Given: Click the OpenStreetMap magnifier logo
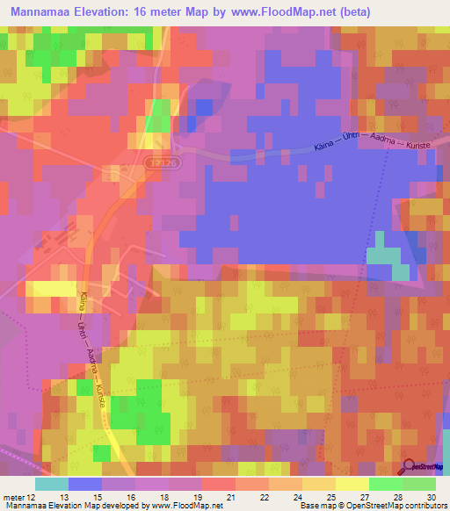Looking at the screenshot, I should coord(408,467).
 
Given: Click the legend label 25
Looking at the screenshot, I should coord(330,496).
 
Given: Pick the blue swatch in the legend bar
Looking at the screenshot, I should coord(84,484).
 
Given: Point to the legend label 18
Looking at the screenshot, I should coord(163,496).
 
